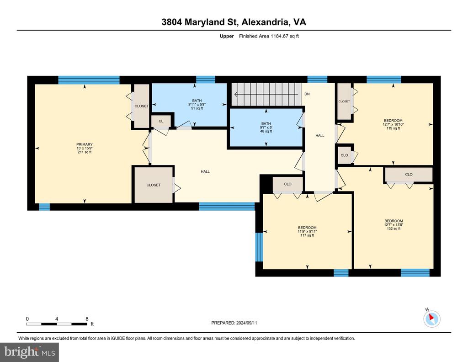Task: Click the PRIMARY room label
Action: [x=85, y=144]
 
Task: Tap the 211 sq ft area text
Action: [x=85, y=152]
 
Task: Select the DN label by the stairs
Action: [x=307, y=94]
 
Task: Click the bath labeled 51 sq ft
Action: [x=197, y=105]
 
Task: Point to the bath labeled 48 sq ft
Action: [x=266, y=128]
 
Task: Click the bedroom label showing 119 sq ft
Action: [x=393, y=124]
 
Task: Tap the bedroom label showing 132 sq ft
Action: [x=394, y=225]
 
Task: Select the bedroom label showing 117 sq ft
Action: [x=307, y=231]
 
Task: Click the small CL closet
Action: [x=161, y=121]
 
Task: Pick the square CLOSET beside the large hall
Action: [x=154, y=185]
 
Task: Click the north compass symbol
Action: [x=431, y=319]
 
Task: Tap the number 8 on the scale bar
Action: [x=87, y=319]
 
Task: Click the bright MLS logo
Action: [x=30, y=352]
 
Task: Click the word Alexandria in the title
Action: [x=265, y=22]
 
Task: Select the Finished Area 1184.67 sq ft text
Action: [x=269, y=36]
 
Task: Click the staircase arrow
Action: [x=266, y=94]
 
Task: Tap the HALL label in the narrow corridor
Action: [x=320, y=135]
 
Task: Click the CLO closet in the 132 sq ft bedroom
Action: [x=409, y=174]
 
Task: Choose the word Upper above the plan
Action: [x=227, y=36]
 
